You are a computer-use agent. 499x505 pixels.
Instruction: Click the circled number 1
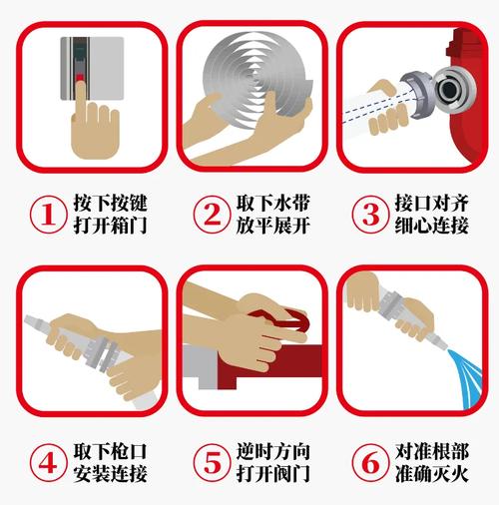coord(46,214)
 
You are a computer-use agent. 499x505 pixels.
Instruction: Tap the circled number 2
coord(211,214)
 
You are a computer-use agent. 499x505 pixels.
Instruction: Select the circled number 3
coord(367,214)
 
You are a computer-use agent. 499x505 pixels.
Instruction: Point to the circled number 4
coord(46,463)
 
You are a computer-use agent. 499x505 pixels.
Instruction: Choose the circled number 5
coord(211,463)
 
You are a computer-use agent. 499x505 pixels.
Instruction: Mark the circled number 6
coord(367,463)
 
